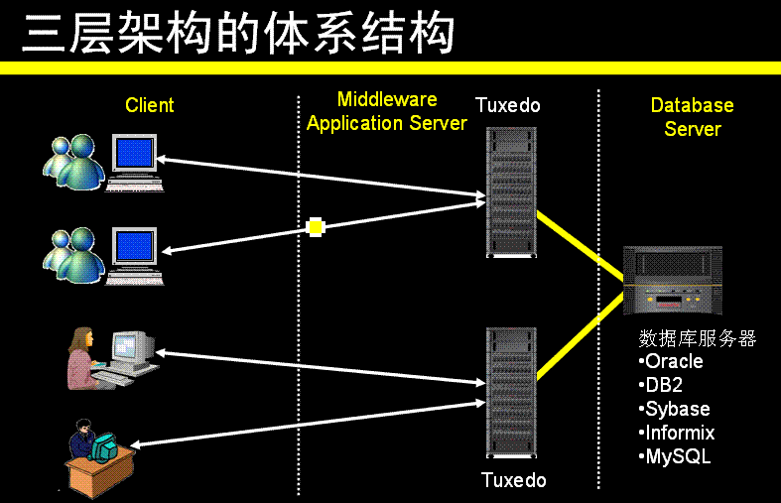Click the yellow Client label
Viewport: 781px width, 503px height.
150,105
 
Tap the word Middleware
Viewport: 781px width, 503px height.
387,99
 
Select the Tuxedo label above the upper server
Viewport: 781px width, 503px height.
507,105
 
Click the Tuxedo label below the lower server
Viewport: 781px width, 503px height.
513,480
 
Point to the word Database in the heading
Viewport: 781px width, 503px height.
693,105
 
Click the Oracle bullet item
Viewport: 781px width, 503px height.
671,361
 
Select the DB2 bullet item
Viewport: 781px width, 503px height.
661,385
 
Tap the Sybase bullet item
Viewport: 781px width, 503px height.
675,409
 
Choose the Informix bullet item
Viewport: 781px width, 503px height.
677,433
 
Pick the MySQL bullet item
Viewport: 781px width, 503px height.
675,456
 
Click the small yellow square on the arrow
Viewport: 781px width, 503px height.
316,227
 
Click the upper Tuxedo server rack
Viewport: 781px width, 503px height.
511,192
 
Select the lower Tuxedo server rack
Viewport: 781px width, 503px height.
511,393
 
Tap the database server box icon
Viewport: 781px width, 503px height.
673,281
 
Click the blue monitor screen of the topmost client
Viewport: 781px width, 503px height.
134,153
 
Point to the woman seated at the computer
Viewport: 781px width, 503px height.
82,357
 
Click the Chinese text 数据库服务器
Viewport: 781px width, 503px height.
698,338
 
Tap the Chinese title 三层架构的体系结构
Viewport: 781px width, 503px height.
238,33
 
